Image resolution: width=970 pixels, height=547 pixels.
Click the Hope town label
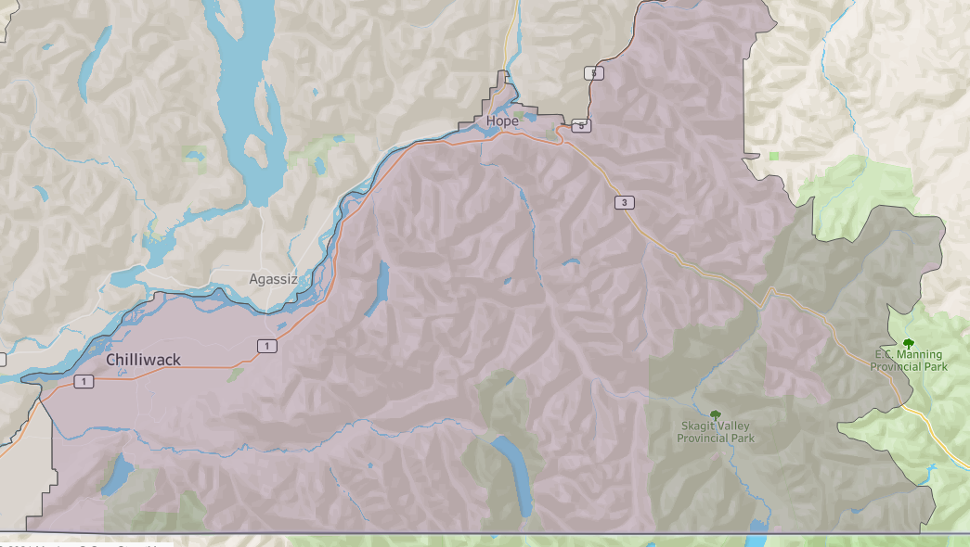click(x=502, y=121)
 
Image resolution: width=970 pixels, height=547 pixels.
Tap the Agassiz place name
click(x=272, y=279)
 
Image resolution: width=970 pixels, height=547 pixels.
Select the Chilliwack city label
click(x=143, y=360)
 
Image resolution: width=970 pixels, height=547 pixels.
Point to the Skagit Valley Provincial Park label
click(x=716, y=432)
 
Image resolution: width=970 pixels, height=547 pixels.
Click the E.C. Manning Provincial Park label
click(x=909, y=361)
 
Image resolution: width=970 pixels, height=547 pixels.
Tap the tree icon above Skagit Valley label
click(x=715, y=414)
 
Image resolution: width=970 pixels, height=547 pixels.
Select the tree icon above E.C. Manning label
click(x=908, y=344)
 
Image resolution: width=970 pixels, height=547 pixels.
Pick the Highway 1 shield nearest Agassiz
click(x=267, y=346)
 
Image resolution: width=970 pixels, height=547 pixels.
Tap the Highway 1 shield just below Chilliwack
click(x=84, y=382)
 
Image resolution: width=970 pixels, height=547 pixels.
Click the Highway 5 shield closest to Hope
click(x=579, y=125)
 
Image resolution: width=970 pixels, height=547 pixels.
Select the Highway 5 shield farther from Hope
click(x=591, y=72)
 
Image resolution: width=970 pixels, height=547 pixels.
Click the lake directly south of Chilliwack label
click(x=118, y=474)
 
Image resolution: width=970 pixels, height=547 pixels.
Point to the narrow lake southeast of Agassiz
click(x=379, y=288)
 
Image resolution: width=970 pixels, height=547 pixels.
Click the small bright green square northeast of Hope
click(x=774, y=155)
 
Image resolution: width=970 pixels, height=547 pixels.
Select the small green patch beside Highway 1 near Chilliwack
click(x=236, y=374)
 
